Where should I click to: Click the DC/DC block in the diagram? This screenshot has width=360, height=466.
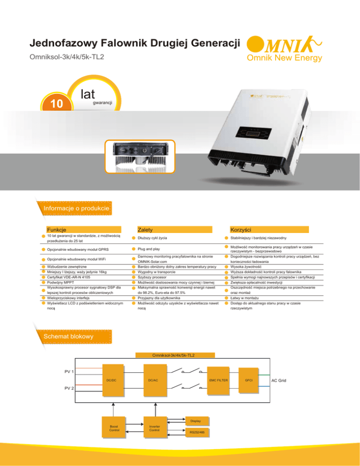[113, 380]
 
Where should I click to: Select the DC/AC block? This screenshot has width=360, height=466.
[155, 380]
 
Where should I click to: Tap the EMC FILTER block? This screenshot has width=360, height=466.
[218, 380]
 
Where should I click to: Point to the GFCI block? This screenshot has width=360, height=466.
[248, 380]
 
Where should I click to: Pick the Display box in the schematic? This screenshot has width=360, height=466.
[197, 421]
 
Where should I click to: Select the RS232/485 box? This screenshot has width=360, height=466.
[197, 432]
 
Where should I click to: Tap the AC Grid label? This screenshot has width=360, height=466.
[278, 380]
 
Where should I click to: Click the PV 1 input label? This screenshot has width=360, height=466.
[69, 371]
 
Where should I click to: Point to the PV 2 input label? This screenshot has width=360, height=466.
[69, 388]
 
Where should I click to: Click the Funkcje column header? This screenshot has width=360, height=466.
[56, 230]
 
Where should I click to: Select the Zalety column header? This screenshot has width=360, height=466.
[145, 230]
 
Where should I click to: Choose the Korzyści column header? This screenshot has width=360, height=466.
[241, 230]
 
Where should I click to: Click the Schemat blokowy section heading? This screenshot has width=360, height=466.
[68, 337]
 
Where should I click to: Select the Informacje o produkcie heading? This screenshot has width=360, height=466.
[76, 208]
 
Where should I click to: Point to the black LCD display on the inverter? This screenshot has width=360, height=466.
[254, 133]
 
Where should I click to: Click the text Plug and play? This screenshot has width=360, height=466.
[149, 249]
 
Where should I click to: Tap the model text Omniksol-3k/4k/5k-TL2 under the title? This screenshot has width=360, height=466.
[67, 57]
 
